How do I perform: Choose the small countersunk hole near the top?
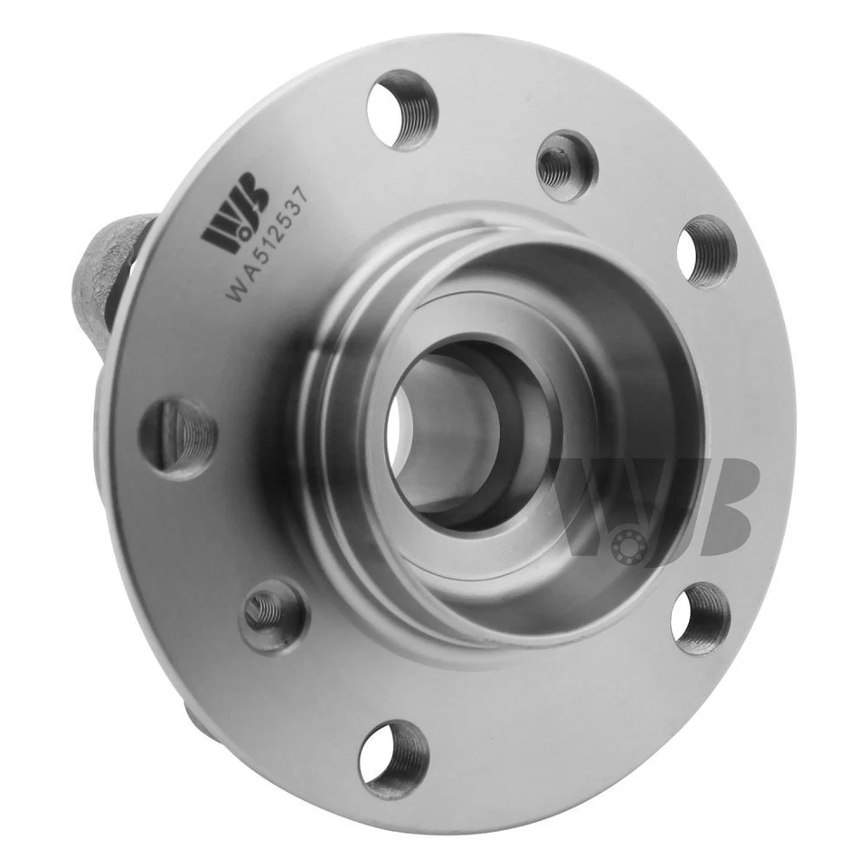[566, 165]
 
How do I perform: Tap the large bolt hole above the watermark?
[706, 251]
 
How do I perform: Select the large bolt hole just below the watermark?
[702, 618]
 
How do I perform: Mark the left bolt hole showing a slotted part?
[178, 437]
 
